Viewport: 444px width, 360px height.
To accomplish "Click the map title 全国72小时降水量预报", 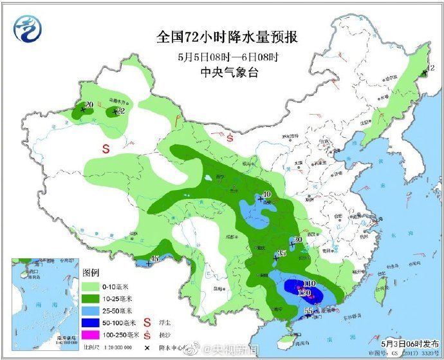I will pos(227,37).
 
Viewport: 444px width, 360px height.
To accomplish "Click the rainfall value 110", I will pos(308,283).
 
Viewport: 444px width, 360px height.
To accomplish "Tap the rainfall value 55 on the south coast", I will pos(308,311).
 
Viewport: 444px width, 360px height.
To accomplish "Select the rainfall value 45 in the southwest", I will pos(154,259).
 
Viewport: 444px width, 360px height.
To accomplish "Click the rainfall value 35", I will pos(281,253).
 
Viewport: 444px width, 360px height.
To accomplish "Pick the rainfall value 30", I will pos(297,240).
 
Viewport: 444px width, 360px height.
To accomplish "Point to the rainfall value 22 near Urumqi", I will pos(120,111).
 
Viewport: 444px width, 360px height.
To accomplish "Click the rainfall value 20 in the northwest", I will pos(89,105).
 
